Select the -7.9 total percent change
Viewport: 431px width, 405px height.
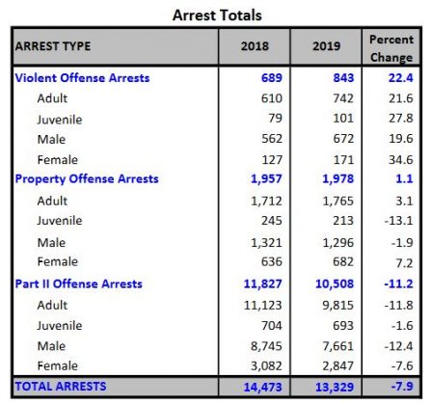[x=399, y=386]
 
